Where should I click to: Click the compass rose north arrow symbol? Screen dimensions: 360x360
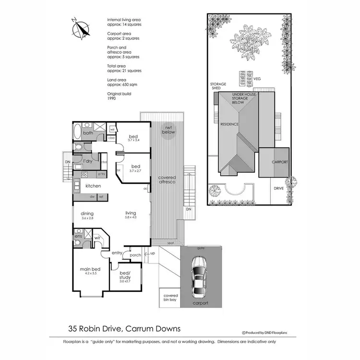coord(80,28)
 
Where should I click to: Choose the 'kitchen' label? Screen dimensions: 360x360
coord(93,185)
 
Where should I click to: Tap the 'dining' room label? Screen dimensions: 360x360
coord(87,214)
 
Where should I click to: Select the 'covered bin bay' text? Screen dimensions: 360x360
coord(171,298)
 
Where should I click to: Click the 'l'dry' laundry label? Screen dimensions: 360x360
coord(87,161)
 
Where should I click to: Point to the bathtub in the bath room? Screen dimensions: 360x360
coord(77,132)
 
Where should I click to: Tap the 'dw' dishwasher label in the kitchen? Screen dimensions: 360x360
coord(92,196)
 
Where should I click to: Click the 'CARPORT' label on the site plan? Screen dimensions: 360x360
coord(279,162)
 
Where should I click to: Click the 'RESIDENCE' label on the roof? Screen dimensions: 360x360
coord(229,124)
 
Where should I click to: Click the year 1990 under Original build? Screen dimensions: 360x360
coord(112,98)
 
